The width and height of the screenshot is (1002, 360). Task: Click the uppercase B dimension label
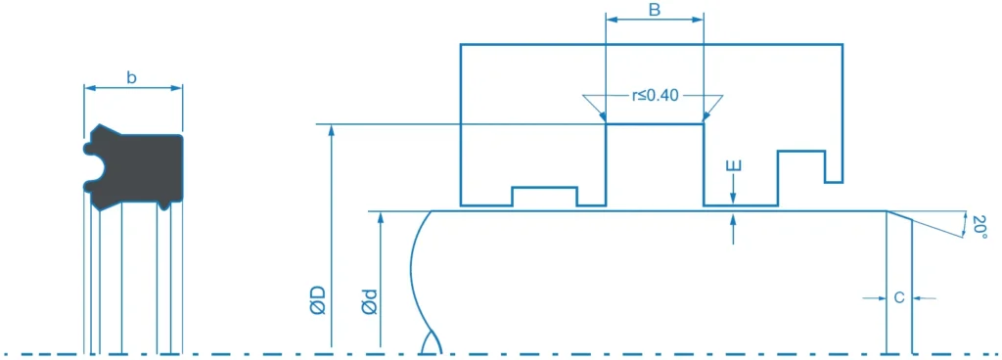pyautogui.click(x=654, y=9)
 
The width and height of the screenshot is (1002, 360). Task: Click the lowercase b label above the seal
pyautogui.click(x=132, y=78)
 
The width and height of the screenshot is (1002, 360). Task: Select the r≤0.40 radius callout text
pyautogui.click(x=654, y=97)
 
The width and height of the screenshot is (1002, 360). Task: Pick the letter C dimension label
pyautogui.click(x=899, y=297)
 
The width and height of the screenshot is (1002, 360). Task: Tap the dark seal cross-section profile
pyautogui.click(x=133, y=167)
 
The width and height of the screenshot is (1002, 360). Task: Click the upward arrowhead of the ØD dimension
pyautogui.click(x=331, y=130)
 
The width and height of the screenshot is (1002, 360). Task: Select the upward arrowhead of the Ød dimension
pyautogui.click(x=381, y=217)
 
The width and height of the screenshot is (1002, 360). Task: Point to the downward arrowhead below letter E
pyautogui.click(x=734, y=199)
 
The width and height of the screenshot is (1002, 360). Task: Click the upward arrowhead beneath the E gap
pyautogui.click(x=734, y=218)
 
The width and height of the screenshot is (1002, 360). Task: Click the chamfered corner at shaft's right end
pyautogui.click(x=898, y=216)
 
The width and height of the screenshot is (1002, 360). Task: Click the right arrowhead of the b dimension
pyautogui.click(x=177, y=88)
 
